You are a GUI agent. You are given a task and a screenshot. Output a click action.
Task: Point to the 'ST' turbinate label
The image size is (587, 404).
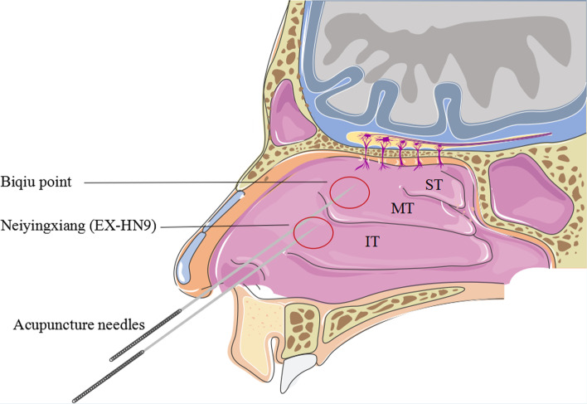point(433,185)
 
